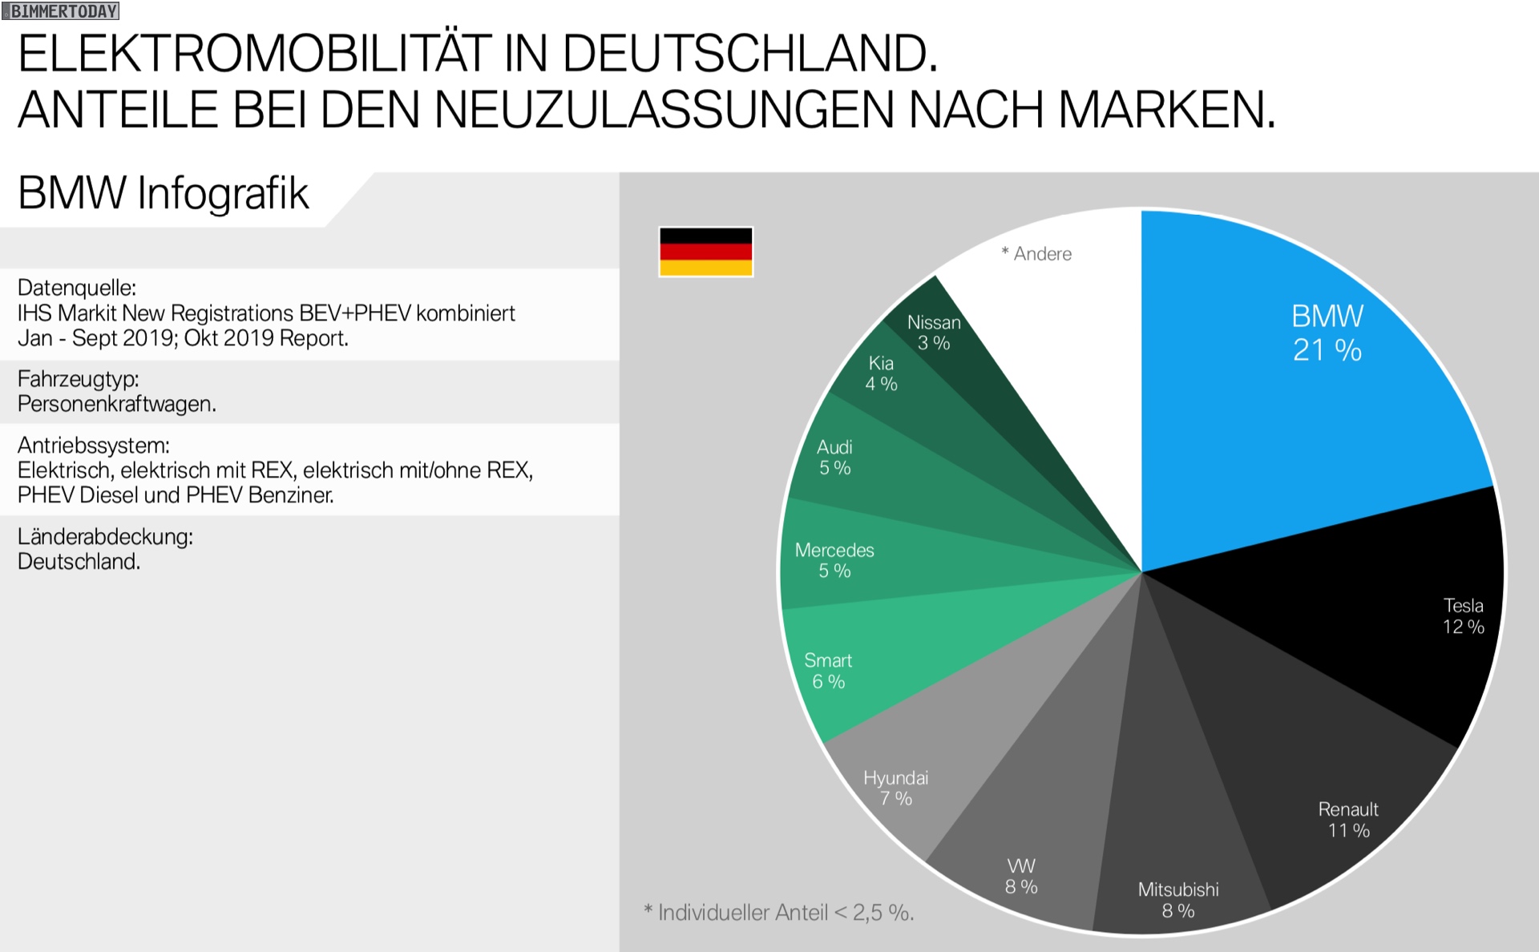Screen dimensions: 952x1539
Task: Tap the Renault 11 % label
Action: coord(1348,820)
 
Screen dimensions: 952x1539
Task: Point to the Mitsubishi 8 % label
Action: coord(1178,900)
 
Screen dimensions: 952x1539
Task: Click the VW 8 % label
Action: coord(1021,877)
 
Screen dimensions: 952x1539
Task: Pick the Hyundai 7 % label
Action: coord(895,789)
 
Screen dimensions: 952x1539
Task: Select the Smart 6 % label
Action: coord(828,671)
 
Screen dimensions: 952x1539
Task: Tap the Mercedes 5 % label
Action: coord(834,560)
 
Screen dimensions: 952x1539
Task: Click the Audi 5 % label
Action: coord(834,458)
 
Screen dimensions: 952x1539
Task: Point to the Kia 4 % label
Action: coord(881,373)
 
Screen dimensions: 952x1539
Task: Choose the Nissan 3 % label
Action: coord(934,333)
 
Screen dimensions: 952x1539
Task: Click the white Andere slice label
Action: coord(1036,254)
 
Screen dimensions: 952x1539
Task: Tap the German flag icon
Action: coord(705,252)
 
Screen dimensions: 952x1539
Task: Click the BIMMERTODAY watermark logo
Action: coord(61,10)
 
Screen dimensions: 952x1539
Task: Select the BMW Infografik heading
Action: coord(164,193)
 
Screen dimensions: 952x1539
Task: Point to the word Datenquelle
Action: coord(77,288)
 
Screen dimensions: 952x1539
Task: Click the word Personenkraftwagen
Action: coord(117,404)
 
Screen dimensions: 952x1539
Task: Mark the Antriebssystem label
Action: coord(94,445)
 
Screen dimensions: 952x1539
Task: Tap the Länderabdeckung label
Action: coord(105,536)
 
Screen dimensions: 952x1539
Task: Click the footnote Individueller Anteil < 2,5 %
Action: coord(779,913)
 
